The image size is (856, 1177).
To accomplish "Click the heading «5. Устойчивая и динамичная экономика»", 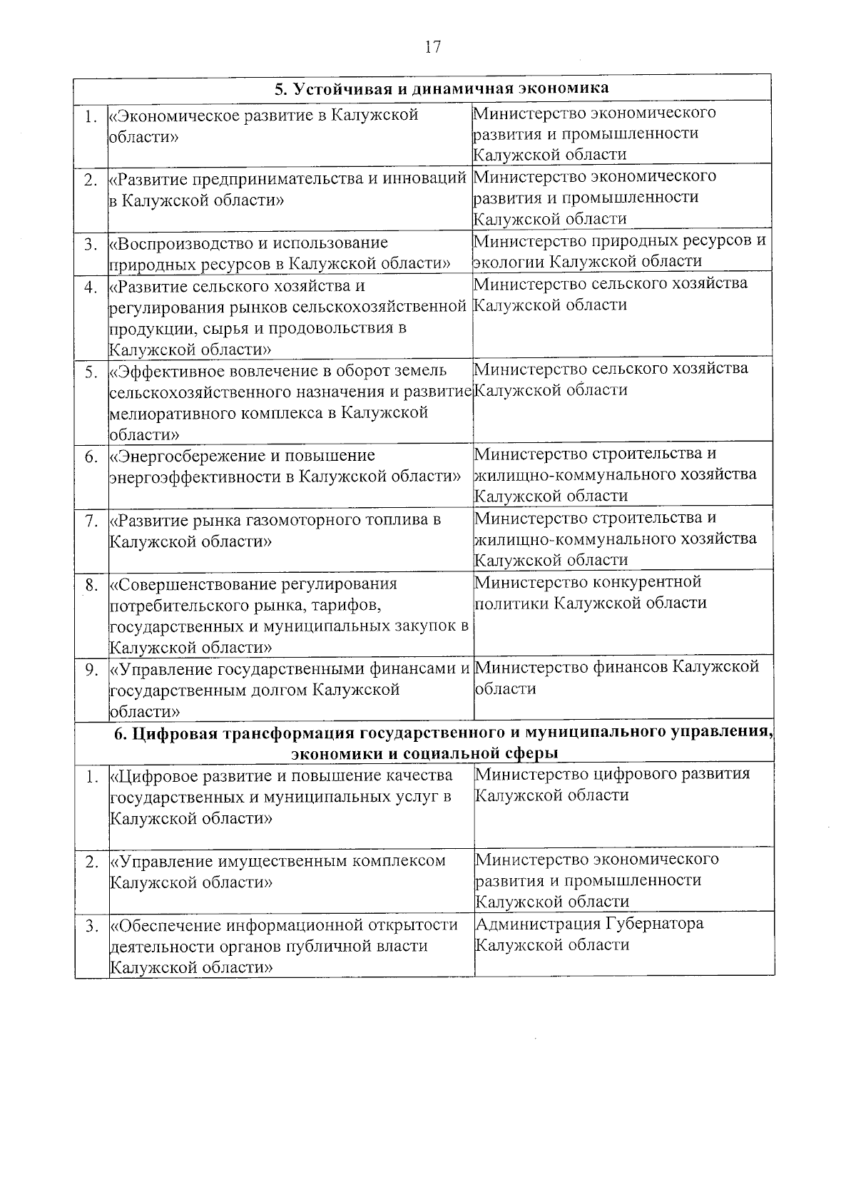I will tap(442, 88).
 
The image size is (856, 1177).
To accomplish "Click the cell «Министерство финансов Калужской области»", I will tap(616, 678).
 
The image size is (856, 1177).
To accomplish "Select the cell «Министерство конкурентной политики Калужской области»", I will tap(591, 593).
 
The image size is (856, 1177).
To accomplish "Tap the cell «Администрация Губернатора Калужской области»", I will tap(589, 934).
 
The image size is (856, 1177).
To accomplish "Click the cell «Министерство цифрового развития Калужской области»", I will tap(612, 785).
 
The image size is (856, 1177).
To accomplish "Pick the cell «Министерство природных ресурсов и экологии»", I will tap(619, 251).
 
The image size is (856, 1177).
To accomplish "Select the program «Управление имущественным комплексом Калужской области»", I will tap(278, 872).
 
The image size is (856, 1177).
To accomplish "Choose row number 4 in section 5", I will tap(91, 287).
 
